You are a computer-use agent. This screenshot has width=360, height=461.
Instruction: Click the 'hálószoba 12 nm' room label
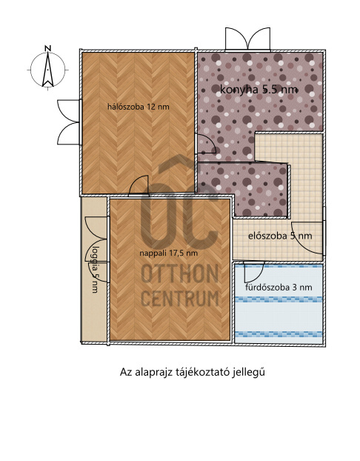click(x=138, y=107)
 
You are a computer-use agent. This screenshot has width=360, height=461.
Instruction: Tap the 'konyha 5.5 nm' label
click(x=259, y=90)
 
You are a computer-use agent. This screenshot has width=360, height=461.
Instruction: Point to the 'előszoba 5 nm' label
click(x=280, y=236)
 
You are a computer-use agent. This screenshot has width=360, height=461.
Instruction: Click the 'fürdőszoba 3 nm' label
click(x=279, y=287)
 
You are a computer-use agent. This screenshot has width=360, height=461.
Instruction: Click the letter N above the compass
click(x=48, y=48)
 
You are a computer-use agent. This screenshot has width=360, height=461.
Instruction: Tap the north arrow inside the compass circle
click(x=47, y=70)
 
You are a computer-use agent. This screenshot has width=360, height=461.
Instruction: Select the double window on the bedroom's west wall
click(x=70, y=122)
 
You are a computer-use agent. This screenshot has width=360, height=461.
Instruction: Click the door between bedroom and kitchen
click(x=206, y=144)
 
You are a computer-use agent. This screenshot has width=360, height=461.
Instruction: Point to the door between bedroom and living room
click(x=139, y=185)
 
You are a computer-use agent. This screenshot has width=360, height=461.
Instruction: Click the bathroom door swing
click(x=254, y=272)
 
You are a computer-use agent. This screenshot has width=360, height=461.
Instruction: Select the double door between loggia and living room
click(x=97, y=250)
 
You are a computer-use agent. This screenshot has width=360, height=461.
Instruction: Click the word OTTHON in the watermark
click(x=180, y=273)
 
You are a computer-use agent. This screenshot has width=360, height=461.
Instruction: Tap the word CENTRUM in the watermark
click(x=180, y=299)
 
